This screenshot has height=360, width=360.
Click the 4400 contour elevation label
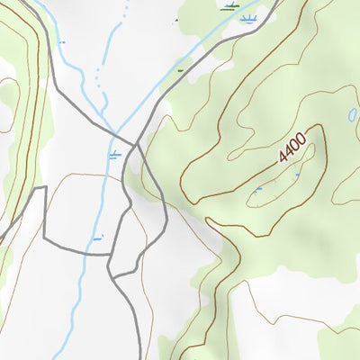coord(292,147)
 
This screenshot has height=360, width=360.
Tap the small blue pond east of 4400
coord(350,115)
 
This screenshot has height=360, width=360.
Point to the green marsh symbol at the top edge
coord(230,6)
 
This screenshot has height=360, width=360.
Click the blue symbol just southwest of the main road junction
coord(113,155)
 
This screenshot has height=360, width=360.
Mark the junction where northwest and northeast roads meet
coord(135,143)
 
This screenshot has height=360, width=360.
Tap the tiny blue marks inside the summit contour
coord(258,189)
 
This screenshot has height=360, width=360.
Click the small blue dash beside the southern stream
coord(97,238)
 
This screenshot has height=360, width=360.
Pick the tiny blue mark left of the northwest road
coord(61,42)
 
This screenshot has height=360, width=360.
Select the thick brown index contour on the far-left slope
coord(27,135)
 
